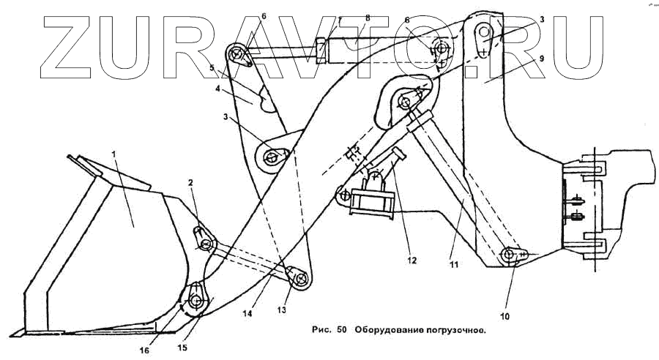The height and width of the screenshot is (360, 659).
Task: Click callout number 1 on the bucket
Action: point(114,154)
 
